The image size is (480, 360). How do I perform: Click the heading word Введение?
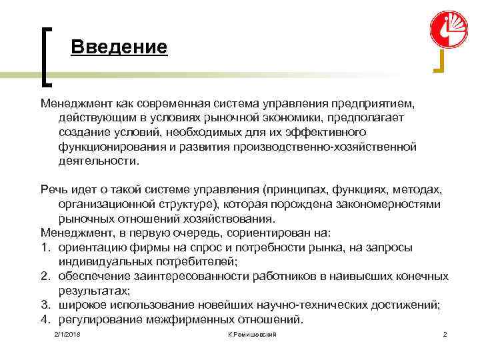[x=119, y=47]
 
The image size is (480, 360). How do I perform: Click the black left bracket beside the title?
[x=47, y=56]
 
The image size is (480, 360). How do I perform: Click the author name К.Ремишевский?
[x=251, y=333]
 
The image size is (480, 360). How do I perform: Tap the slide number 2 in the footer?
[x=445, y=333]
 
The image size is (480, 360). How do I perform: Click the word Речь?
[x=53, y=190]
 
